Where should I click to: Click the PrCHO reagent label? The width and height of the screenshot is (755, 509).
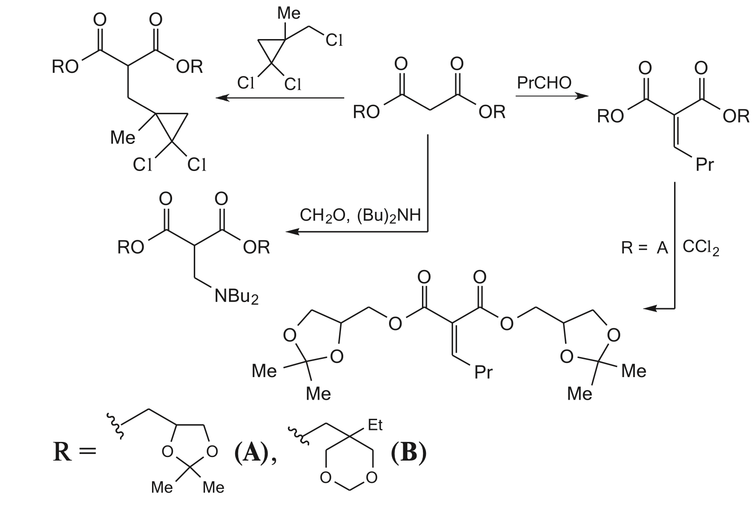pos(544,83)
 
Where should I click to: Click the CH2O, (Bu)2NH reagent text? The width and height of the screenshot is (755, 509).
pos(360,215)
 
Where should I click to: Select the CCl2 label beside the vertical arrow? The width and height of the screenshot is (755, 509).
pos(701,248)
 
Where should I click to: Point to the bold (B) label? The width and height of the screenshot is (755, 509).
pos(409,453)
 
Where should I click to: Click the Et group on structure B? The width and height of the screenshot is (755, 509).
pos(375,425)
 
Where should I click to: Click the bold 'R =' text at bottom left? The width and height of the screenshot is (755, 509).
pos(75,453)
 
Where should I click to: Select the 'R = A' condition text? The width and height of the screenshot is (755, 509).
pos(644,248)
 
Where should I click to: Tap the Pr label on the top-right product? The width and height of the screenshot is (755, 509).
pos(705,165)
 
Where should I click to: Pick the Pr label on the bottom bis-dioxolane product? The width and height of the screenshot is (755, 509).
pos(483,372)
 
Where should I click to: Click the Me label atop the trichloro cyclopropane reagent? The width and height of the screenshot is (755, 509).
pos(289,13)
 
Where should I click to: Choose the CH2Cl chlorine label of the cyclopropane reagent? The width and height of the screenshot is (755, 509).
pos(334,40)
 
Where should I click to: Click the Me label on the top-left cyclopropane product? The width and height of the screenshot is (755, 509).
pos(123,138)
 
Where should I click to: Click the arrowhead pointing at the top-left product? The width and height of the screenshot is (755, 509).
pos(222,98)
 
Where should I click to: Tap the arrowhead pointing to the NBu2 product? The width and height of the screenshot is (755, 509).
pos(292,231)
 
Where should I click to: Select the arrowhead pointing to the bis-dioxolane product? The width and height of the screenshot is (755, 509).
pos(650,308)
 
